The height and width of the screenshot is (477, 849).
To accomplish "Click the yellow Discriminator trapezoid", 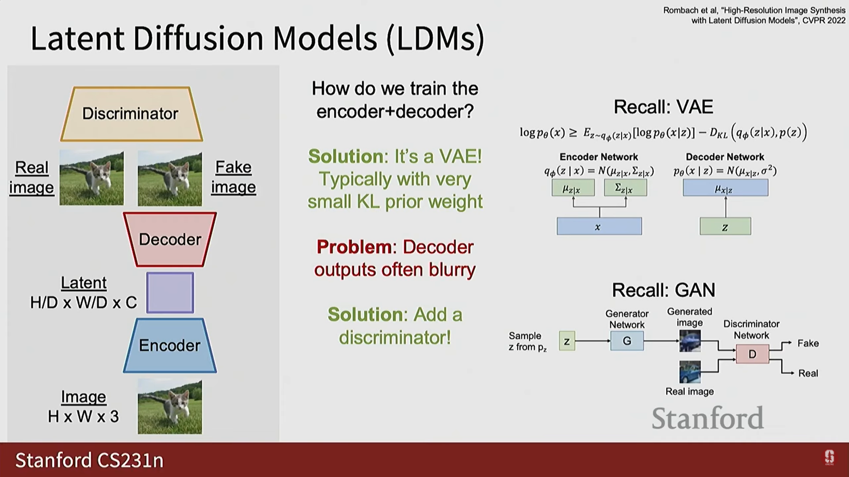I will click(x=131, y=114).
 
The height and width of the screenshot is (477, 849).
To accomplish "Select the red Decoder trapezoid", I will click(x=170, y=239).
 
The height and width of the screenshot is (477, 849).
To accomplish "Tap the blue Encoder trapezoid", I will click(x=170, y=345).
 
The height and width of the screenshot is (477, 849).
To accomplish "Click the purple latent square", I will click(x=170, y=292).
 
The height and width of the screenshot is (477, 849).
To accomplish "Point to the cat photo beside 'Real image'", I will click(x=92, y=178).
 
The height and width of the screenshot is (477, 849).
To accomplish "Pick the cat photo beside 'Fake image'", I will click(x=170, y=178).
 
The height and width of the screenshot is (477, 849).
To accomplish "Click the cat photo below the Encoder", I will click(x=170, y=407).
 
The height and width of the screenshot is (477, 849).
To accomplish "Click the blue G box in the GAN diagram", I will click(x=627, y=341).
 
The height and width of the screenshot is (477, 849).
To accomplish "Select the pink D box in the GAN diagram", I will click(x=752, y=354).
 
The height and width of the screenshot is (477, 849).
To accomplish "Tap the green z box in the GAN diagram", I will click(x=567, y=341).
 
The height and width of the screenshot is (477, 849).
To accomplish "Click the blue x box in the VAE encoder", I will click(x=599, y=227).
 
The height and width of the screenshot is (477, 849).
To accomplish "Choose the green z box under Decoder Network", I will click(x=725, y=227).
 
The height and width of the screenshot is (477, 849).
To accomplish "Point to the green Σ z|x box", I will click(x=625, y=188).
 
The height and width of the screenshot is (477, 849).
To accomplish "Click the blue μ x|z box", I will click(x=725, y=188).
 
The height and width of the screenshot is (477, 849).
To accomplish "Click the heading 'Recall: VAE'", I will click(x=663, y=107).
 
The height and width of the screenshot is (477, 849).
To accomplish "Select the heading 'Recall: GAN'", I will click(x=663, y=290).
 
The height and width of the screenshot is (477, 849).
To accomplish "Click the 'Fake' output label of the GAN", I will click(x=808, y=343).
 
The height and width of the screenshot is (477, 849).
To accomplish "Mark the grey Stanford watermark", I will click(x=707, y=418).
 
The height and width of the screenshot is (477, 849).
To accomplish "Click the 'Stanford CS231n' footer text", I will click(x=89, y=460).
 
